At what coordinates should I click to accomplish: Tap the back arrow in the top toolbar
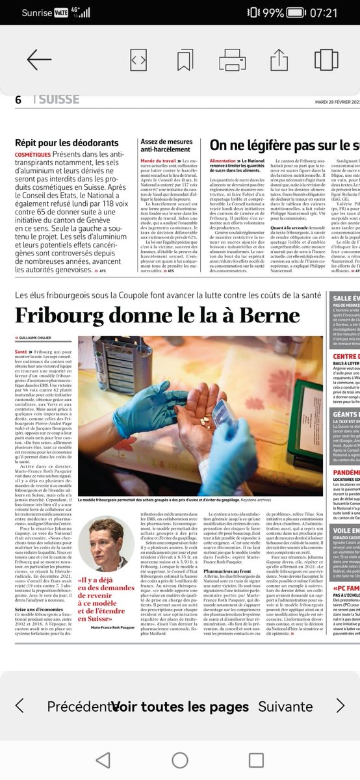coord(38,59)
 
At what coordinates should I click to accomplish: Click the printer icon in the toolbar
coord(233,59)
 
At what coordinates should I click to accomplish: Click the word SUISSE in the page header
coord(58,99)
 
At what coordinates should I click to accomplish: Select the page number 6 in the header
coord(18,99)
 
